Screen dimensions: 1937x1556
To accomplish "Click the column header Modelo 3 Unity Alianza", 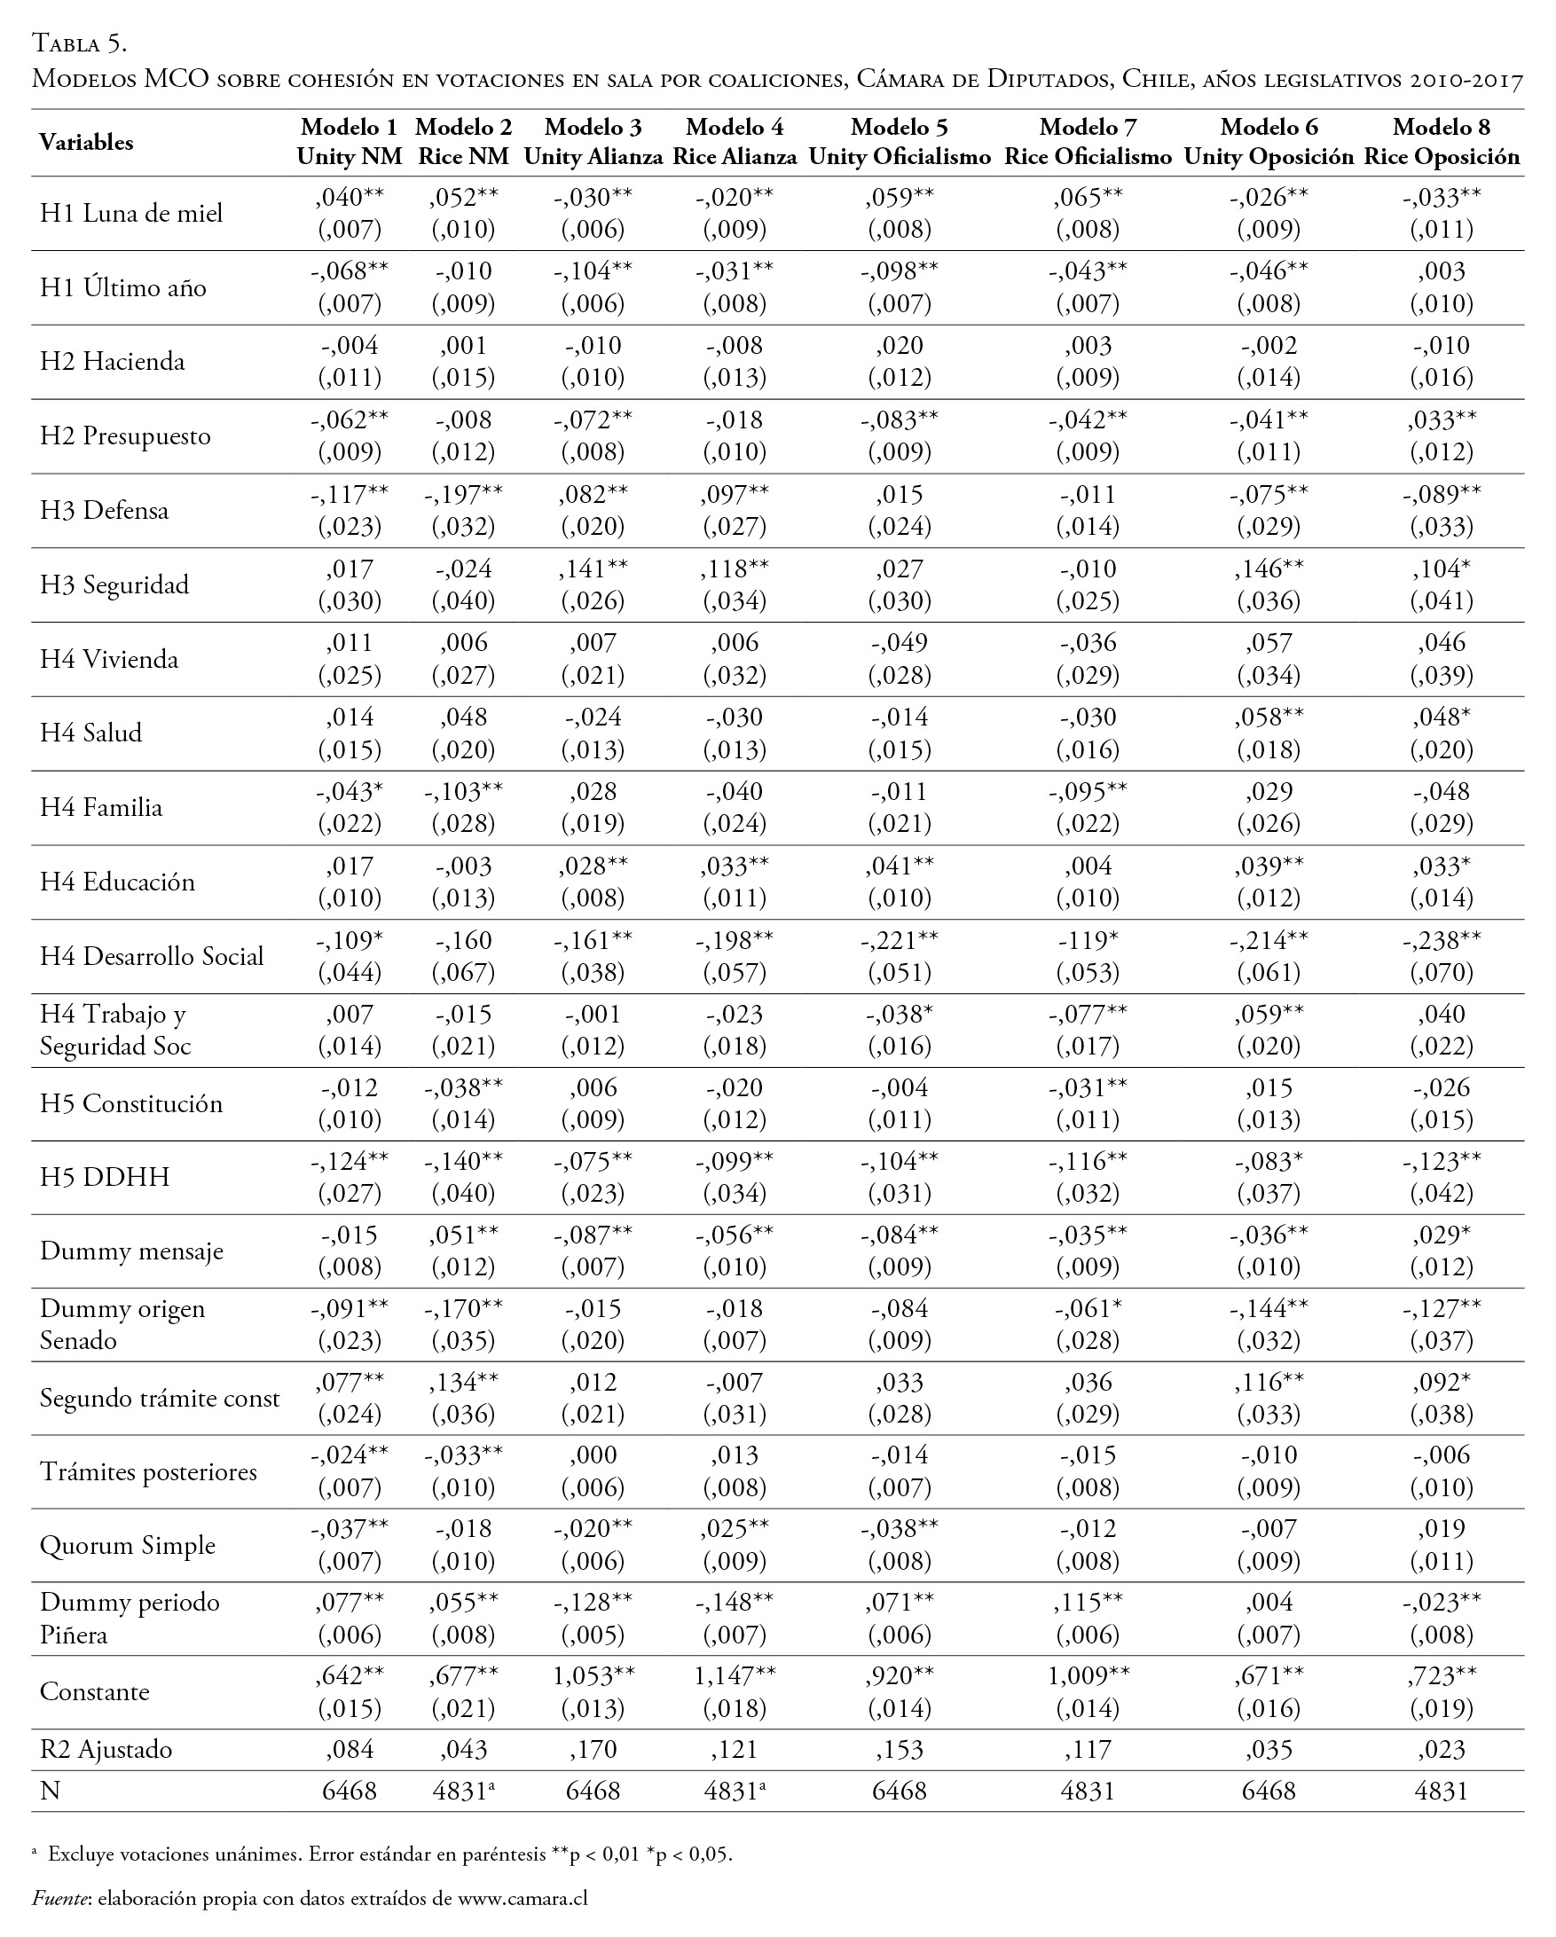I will pyautogui.click(x=593, y=142).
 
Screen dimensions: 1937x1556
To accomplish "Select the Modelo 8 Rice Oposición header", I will pyautogui.click(x=1442, y=142).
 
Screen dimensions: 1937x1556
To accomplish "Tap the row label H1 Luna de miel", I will pyautogui.click(x=131, y=213).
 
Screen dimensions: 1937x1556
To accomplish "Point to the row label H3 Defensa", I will pyautogui.click(x=104, y=510).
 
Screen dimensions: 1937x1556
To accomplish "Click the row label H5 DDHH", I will pyautogui.click(x=104, y=1177).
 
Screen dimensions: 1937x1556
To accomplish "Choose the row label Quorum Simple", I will pyautogui.click(x=128, y=1545).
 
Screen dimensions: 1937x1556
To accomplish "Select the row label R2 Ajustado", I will pyautogui.click(x=106, y=1749).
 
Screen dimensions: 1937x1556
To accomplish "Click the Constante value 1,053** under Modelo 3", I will pyautogui.click(x=593, y=1675).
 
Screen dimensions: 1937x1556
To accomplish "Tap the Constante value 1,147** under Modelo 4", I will pyautogui.click(x=735, y=1675).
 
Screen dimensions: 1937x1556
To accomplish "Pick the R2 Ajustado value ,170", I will pyautogui.click(x=593, y=1749).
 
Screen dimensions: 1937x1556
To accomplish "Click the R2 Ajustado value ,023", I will pyautogui.click(x=1441, y=1749).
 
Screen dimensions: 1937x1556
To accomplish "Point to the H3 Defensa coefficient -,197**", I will pyautogui.click(x=464, y=494).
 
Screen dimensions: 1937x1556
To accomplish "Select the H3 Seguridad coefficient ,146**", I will pyautogui.click(x=1269, y=569).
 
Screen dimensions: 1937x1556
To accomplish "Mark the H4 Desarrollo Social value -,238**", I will pyautogui.click(x=1441, y=940).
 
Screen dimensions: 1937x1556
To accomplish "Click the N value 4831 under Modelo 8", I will pyautogui.click(x=1441, y=1792).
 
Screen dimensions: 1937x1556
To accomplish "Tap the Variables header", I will pyautogui.click(x=86, y=142).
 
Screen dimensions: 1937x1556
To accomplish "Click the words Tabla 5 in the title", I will pyautogui.click(x=79, y=43).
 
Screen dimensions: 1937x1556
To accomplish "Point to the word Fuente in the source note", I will pyautogui.click(x=60, y=1897).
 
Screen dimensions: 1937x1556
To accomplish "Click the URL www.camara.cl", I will pyautogui.click(x=522, y=1897).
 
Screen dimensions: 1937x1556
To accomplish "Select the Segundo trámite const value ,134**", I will pyautogui.click(x=464, y=1382).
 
